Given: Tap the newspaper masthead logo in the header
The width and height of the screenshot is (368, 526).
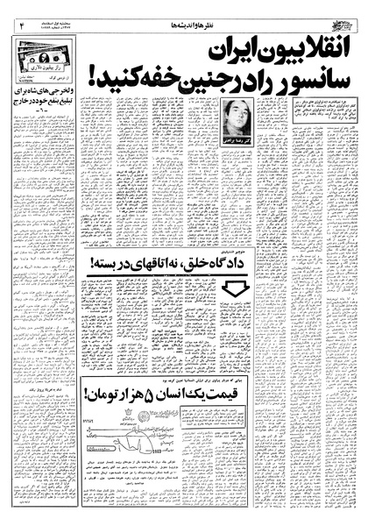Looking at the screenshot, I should tap(341, 11).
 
